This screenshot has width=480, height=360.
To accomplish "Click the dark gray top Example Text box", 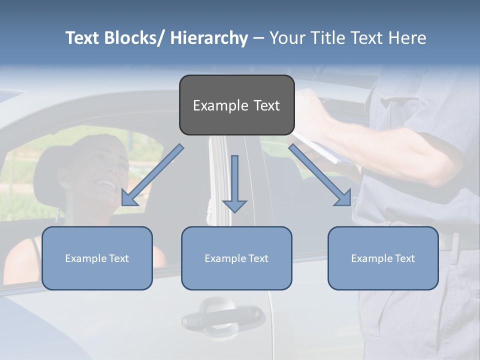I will click(236, 105).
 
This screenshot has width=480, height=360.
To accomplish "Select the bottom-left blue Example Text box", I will click(97, 258).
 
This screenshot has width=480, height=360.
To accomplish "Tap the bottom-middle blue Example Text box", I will click(236, 258).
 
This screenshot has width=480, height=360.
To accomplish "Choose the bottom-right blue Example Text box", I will click(383, 258).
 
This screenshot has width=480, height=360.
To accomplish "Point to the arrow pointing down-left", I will click(152, 175).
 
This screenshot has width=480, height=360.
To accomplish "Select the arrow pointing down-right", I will click(320, 175).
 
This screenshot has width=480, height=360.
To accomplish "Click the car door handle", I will click(222, 315).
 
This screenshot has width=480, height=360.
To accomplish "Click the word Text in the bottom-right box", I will click(404, 258).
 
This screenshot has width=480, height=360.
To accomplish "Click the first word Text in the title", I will click(83, 38).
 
